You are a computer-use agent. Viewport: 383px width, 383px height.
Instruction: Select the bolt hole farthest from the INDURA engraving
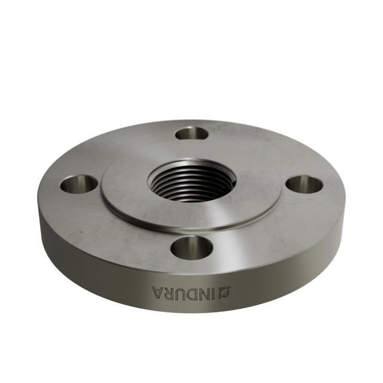coord(192,132)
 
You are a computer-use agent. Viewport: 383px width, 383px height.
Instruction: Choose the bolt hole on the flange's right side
coord(304,183)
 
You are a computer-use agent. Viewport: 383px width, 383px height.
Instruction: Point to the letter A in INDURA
coord(158,293)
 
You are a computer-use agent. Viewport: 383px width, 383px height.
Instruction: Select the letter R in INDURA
coord(171,293)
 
